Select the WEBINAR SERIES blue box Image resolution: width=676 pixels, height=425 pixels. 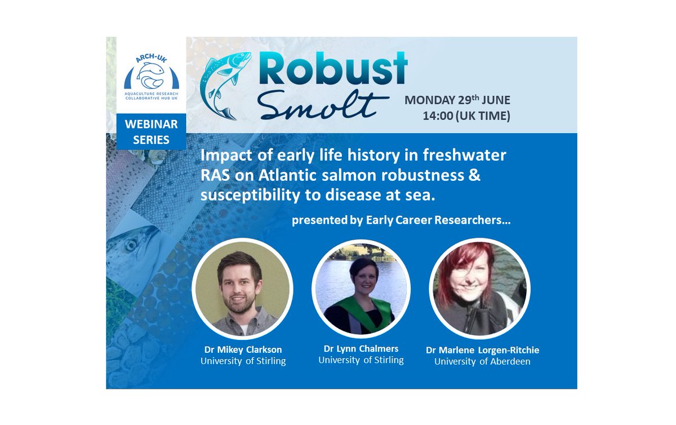(151, 132)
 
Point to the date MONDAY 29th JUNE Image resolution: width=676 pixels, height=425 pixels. (457, 100)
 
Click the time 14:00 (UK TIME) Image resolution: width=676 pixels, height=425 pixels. (466, 117)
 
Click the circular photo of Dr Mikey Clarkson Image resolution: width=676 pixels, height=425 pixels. (242, 289)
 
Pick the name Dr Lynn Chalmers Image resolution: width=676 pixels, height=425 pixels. (361, 348)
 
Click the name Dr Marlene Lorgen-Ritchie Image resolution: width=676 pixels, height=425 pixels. (482, 350)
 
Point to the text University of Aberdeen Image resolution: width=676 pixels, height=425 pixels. (482, 361)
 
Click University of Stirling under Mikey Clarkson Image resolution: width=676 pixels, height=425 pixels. (243, 361)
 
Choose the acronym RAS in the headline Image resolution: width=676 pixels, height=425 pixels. (214, 175)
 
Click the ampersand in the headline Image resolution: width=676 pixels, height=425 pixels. (474, 175)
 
